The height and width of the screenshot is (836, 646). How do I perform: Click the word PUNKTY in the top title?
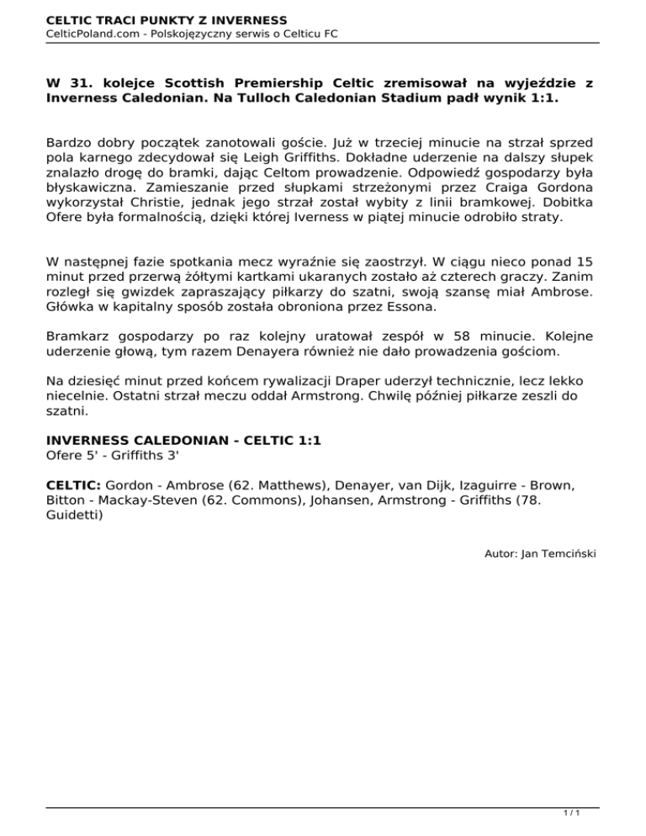pos(175,19)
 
